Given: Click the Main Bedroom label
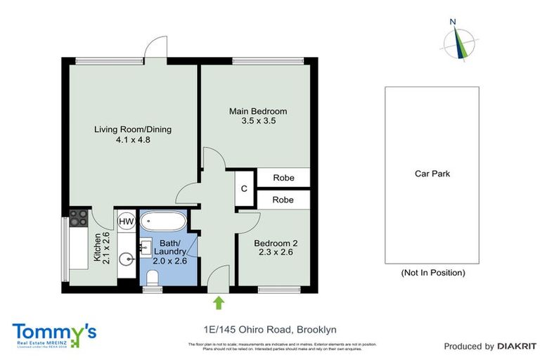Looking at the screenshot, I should click(x=258, y=111).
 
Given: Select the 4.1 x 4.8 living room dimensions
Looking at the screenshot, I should click(x=133, y=140).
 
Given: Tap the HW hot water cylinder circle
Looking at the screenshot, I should click(x=126, y=221).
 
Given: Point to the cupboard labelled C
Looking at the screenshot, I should click(x=244, y=188).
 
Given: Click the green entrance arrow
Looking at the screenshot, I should click(x=219, y=302).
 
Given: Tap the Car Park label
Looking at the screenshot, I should click(x=432, y=174).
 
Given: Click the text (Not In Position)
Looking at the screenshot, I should click(x=432, y=273).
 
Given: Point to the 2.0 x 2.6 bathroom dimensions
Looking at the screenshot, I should click(x=169, y=260).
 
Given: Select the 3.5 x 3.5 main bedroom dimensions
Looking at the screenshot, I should click(x=258, y=121).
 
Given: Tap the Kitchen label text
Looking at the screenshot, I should click(x=98, y=246).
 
